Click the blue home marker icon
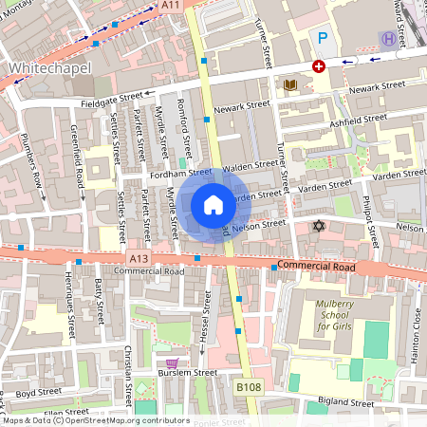tap(213, 205)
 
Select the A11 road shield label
tap(170, 6)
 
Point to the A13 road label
tap(139, 257)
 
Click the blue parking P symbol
tap(323, 38)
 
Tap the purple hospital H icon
tap(387, 38)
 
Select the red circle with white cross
tap(319, 66)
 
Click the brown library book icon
tap(291, 85)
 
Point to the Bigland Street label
tap(346, 402)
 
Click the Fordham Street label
tap(179, 174)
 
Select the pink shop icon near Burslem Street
tap(172, 364)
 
